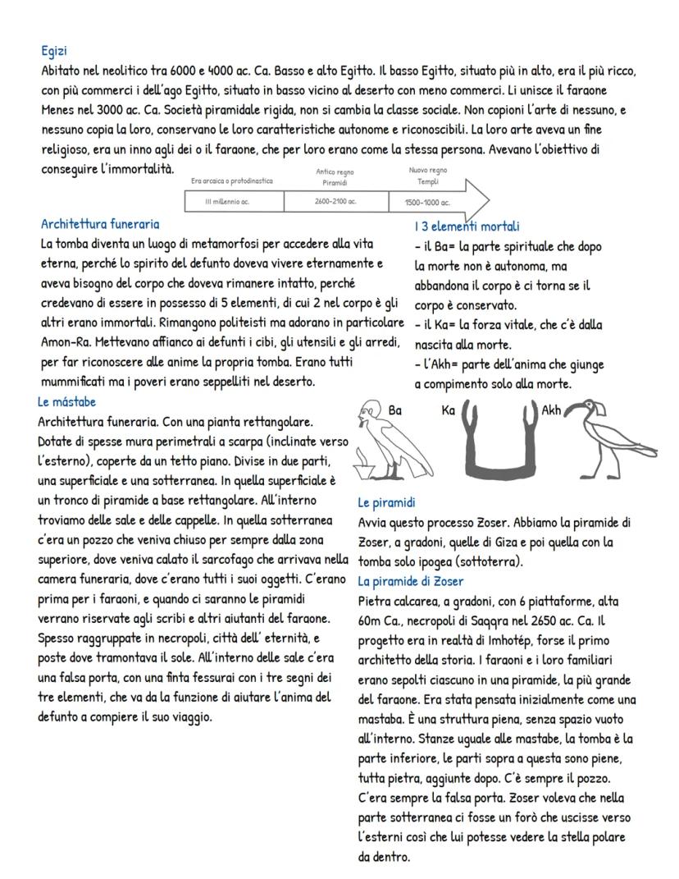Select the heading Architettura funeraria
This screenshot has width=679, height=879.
(100, 223)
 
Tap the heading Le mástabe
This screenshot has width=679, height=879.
(67, 402)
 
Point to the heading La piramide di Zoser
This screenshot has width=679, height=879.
(411, 581)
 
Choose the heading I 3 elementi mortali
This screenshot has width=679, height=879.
(467, 226)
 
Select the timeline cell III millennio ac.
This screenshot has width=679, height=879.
(233, 201)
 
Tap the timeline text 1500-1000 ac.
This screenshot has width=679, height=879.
(427, 202)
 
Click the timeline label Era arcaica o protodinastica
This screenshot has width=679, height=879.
(232, 181)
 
